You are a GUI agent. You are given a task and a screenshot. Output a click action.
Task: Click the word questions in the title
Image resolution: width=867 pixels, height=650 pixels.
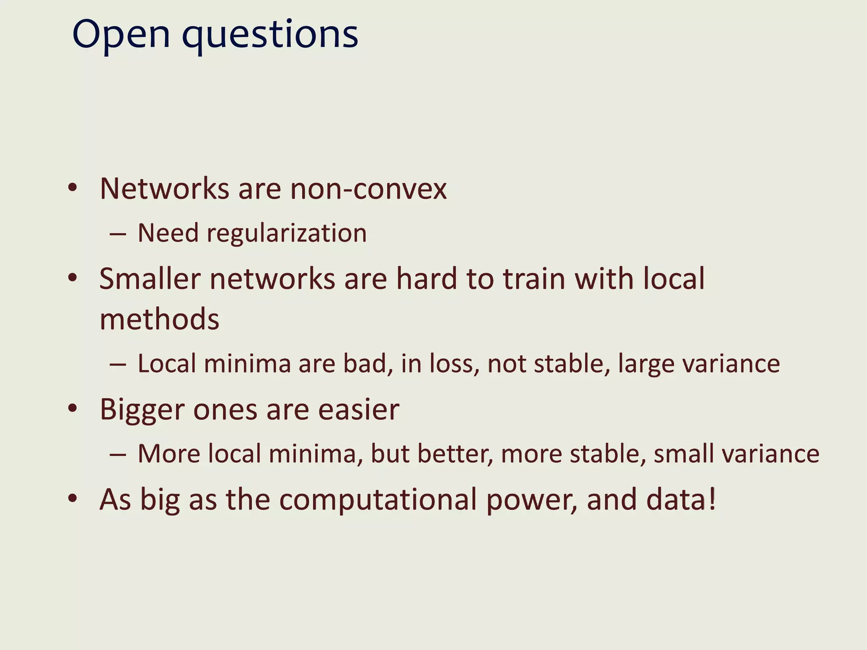(x=270, y=35)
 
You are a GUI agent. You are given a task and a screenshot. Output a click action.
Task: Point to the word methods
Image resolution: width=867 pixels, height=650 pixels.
(x=160, y=319)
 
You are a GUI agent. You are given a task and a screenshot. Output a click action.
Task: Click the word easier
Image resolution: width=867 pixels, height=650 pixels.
(x=359, y=410)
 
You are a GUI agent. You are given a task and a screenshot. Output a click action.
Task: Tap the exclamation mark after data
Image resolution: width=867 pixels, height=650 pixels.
(x=712, y=499)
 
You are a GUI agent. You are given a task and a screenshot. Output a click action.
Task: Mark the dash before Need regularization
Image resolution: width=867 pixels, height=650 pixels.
(x=118, y=234)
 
